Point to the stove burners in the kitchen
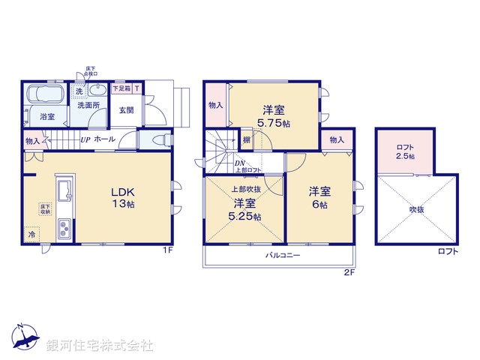tap(64, 226)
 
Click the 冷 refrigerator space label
tap(31, 235)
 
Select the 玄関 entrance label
tap(126, 111)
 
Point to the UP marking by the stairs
tap(86, 139)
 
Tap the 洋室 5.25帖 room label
tap(245, 210)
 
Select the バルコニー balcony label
tap(283, 255)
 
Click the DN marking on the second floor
tap(238, 163)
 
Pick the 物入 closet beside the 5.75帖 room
tap(215, 106)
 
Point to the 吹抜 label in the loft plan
tap(416, 209)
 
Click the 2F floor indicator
tap(349, 273)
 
